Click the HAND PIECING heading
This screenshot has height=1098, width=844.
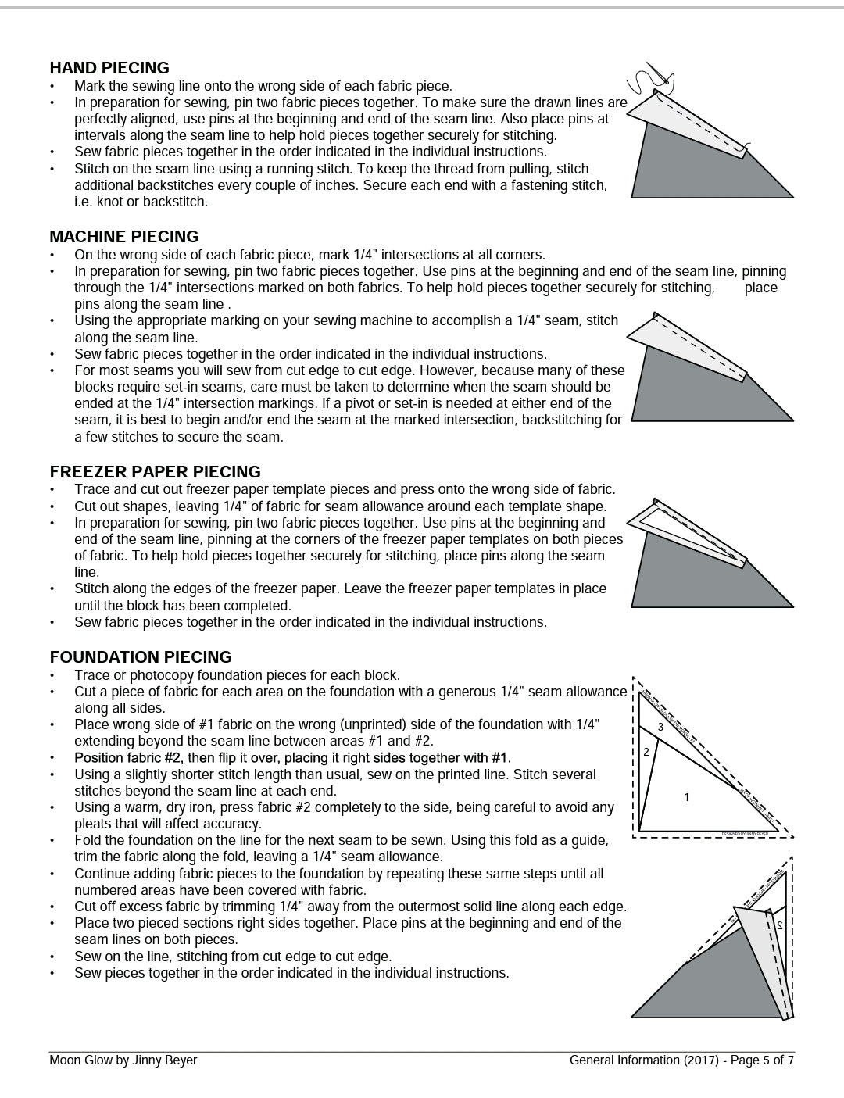pyautogui.click(x=109, y=68)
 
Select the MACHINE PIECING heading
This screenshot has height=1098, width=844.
pyautogui.click(x=123, y=237)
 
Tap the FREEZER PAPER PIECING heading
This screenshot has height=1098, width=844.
pyautogui.click(x=155, y=472)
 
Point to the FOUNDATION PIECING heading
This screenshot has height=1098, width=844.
pyautogui.click(x=141, y=657)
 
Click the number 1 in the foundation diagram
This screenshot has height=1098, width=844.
pyautogui.click(x=686, y=797)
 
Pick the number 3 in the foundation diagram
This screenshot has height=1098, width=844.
pyautogui.click(x=660, y=727)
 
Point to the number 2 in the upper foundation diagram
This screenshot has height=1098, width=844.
pyautogui.click(x=646, y=752)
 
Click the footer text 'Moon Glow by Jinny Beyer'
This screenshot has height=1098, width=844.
pyautogui.click(x=123, y=1060)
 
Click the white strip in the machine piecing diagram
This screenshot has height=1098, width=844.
pyautogui.click(x=688, y=344)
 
